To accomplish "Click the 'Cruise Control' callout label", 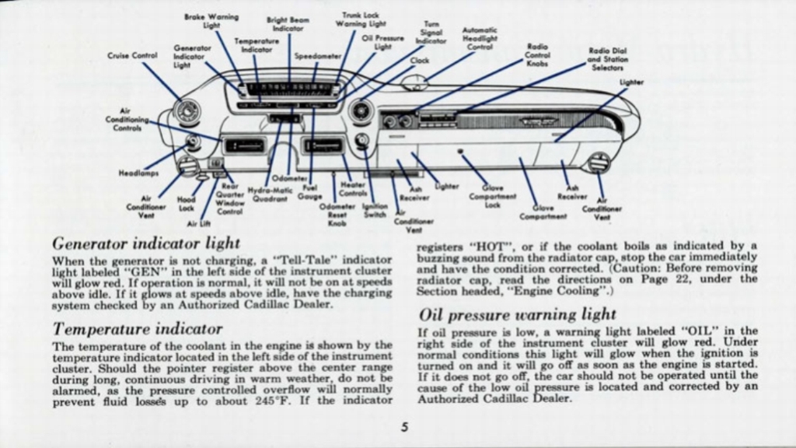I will pos(132,55).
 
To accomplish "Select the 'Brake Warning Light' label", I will pos(211,21).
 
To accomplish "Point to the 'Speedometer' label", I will pos(317,57).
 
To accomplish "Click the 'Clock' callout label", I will pos(420,60).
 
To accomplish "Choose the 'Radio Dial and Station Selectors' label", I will pos(609,58).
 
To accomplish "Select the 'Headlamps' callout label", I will pos(139,173).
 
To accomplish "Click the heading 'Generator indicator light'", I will pos(146,243).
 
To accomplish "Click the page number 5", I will pos(405,426).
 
